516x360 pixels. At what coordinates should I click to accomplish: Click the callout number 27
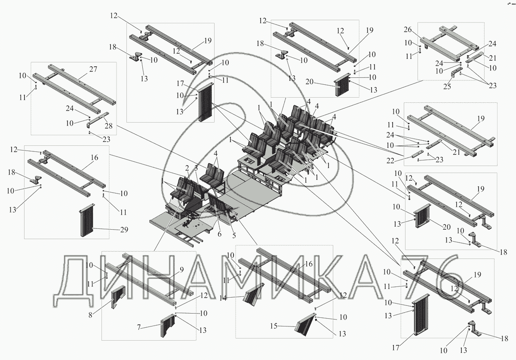click(x=93, y=69)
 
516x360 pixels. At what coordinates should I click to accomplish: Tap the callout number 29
click(x=124, y=230)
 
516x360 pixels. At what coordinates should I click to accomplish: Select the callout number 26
click(x=408, y=30)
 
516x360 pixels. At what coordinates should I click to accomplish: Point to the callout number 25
click(x=447, y=86)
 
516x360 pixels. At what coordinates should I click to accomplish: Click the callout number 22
click(x=390, y=160)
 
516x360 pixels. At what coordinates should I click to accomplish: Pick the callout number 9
click(x=182, y=269)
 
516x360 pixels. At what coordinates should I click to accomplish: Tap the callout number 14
click(x=223, y=298)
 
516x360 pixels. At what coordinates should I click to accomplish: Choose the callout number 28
click(x=109, y=126)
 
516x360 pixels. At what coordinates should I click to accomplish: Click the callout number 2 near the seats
click(x=187, y=168)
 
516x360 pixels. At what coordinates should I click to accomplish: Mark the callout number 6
click(x=220, y=234)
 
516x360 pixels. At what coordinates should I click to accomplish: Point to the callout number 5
click(x=234, y=235)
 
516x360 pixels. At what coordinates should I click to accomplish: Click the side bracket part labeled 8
click(x=118, y=297)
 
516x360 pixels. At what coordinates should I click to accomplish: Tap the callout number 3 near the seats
click(x=196, y=168)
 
